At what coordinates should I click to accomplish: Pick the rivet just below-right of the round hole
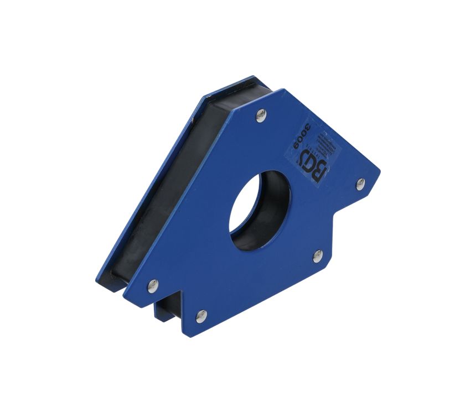tap(317, 255)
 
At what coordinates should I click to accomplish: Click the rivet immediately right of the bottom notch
tap(201, 316)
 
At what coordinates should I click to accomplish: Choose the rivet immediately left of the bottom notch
tap(153, 285)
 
